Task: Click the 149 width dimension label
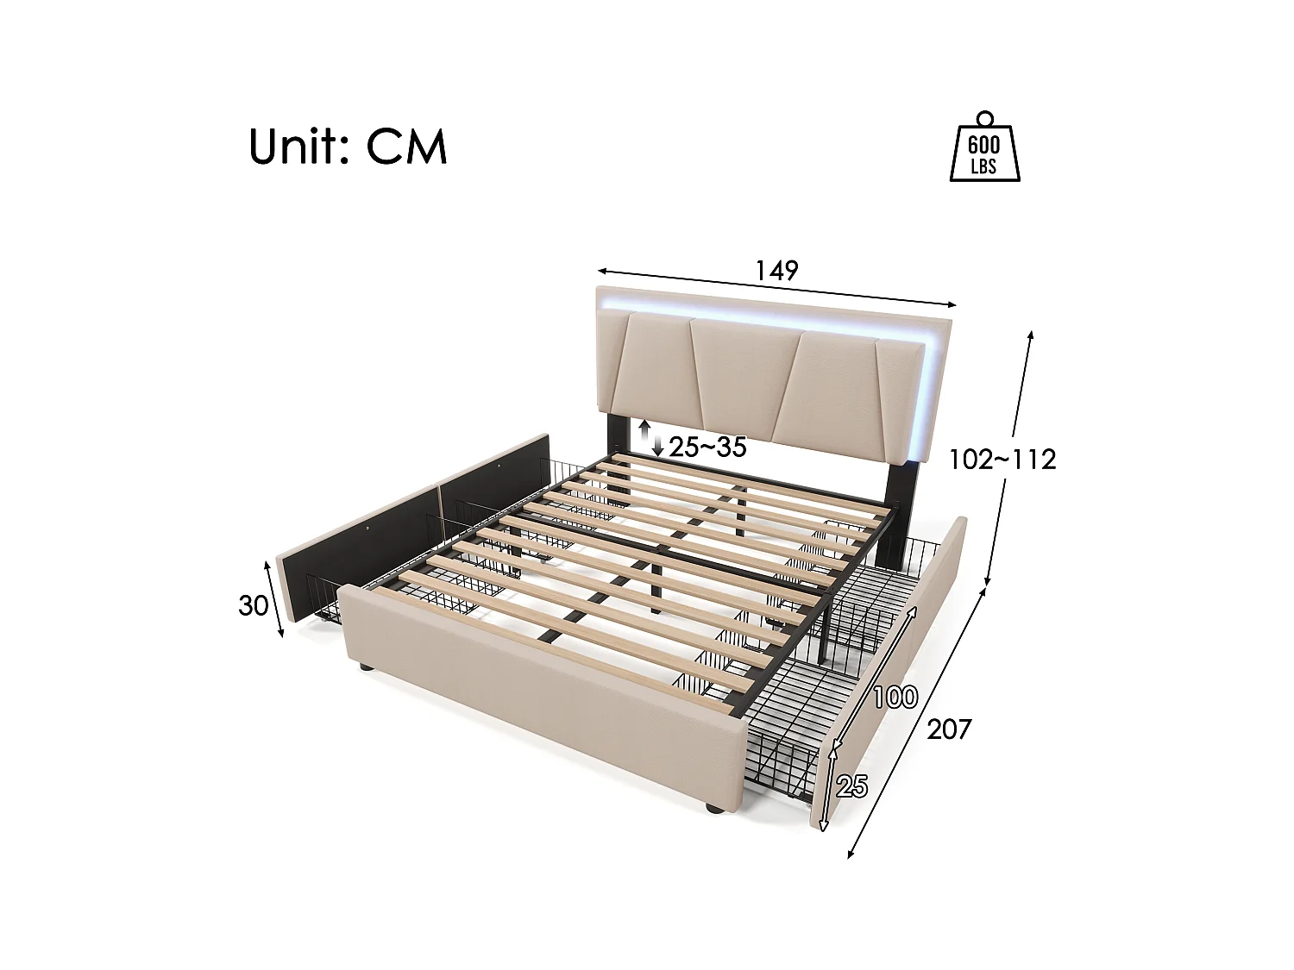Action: pos(777,270)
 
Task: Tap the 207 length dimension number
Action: pos(949,729)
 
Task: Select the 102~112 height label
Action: pos(1002,460)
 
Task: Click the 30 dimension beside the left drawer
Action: pos(253,606)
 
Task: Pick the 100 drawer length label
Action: pos(895,696)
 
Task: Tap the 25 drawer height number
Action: pos(851,785)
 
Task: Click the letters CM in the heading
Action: pos(407,147)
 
